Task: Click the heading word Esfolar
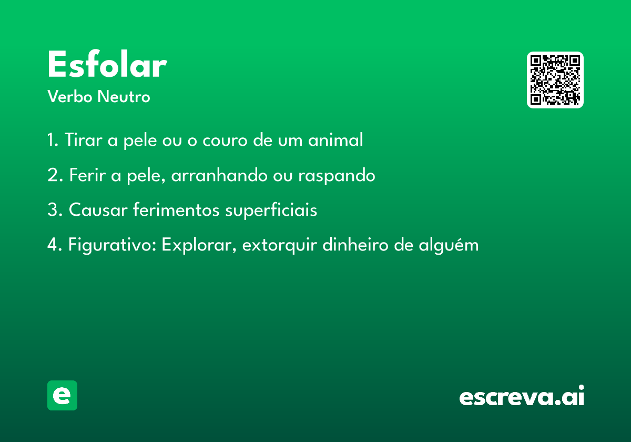pyautogui.click(x=107, y=64)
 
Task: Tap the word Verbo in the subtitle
pyautogui.click(x=70, y=96)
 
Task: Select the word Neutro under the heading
pyautogui.click(x=124, y=96)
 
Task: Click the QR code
pyautogui.click(x=555, y=80)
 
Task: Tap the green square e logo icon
pyautogui.click(x=62, y=395)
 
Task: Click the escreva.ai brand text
pyautogui.click(x=522, y=395)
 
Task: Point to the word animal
pyautogui.click(x=335, y=139)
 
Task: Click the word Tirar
pyautogui.click(x=84, y=139)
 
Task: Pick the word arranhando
pyautogui.click(x=219, y=175)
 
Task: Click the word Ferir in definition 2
pyautogui.click(x=87, y=175)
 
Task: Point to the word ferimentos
pyautogui.click(x=176, y=210)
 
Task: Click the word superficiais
pyautogui.click(x=271, y=210)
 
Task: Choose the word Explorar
pyautogui.click(x=197, y=245)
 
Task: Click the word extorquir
pyautogui.click(x=279, y=245)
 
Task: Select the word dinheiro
pyautogui.click(x=355, y=244)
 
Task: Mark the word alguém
pyautogui.click(x=449, y=245)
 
